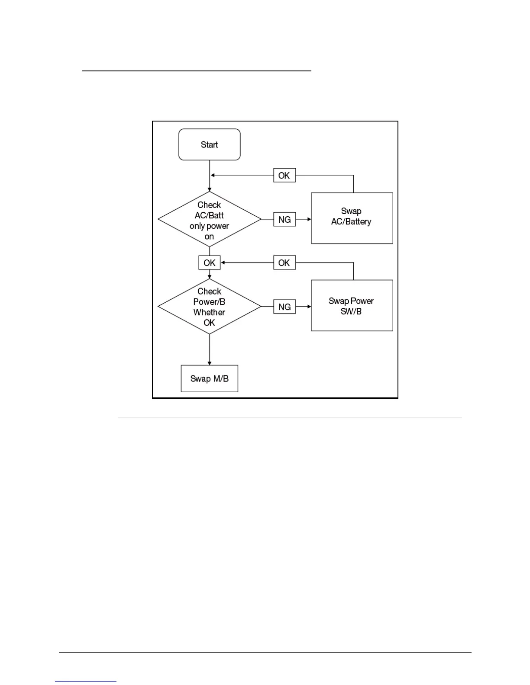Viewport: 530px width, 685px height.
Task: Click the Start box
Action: tap(210, 144)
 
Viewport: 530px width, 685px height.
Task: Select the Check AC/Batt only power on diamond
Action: tap(210, 220)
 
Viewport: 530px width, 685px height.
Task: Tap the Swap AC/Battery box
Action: tap(352, 218)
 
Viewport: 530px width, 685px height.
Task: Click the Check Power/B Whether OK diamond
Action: tap(210, 307)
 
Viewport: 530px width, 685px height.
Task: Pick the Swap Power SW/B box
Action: tap(352, 305)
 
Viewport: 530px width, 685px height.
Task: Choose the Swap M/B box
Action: tap(210, 379)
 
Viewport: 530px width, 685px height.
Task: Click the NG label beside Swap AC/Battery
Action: tap(284, 220)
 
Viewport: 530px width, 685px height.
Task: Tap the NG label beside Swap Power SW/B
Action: tap(284, 307)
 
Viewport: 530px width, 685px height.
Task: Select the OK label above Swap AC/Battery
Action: tap(284, 176)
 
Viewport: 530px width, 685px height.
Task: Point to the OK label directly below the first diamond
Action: tap(210, 263)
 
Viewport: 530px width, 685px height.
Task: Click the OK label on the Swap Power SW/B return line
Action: tap(284, 263)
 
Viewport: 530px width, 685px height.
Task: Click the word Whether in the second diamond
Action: tap(210, 312)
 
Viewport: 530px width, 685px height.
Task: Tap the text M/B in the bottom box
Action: tap(221, 379)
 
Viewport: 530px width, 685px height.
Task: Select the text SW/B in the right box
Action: tap(351, 311)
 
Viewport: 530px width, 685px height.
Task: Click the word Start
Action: tap(210, 144)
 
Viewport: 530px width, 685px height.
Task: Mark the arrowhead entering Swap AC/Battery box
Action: tap(309, 220)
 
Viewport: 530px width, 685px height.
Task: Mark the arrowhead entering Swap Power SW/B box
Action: tap(309, 307)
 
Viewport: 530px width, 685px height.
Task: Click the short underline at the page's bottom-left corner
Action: tap(86, 682)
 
